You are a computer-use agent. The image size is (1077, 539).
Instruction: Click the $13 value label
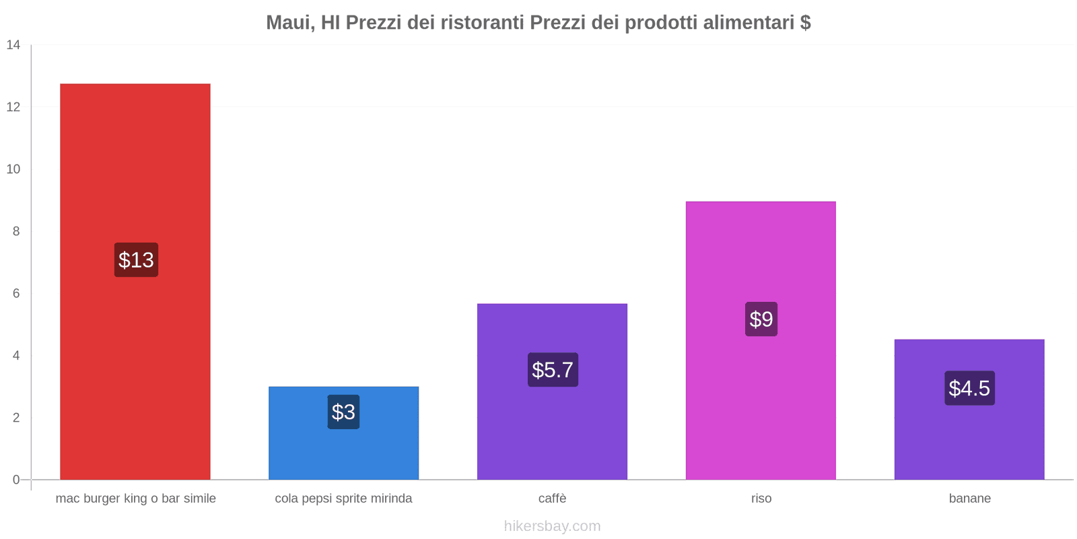[x=136, y=260]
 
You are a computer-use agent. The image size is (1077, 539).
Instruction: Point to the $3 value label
[x=343, y=412]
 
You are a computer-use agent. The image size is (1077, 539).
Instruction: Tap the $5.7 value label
[x=553, y=370]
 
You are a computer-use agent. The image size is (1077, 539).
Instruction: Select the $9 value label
[x=761, y=319]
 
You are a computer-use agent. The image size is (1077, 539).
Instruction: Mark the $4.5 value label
[x=969, y=388]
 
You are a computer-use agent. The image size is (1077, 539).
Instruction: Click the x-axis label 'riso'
[x=761, y=499]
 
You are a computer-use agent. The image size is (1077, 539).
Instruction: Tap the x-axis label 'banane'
[x=969, y=499]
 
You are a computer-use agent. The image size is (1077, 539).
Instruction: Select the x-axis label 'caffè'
[x=553, y=499]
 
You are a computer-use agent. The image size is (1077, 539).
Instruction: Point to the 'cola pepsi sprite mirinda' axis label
[x=343, y=499]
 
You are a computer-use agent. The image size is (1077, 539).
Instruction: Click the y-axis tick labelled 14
[x=13, y=45]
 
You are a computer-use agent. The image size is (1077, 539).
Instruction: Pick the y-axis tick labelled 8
[x=16, y=231]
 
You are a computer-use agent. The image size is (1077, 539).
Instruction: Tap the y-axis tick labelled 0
[x=16, y=480]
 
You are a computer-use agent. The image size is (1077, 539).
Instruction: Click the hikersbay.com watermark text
[x=552, y=526]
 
